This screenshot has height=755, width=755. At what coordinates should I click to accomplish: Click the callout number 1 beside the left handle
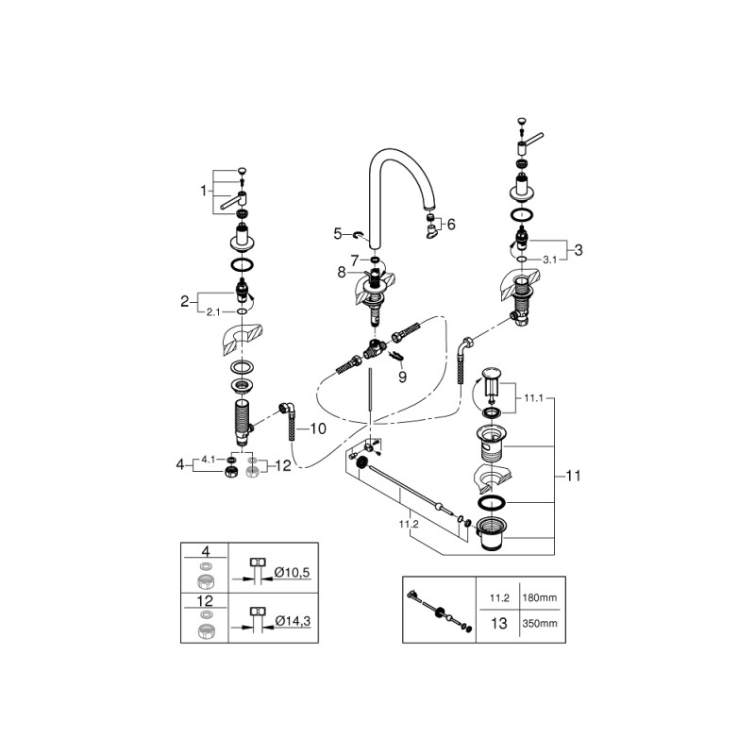pyautogui.click(x=202, y=190)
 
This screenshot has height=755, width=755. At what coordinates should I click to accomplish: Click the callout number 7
pyautogui.click(x=354, y=259)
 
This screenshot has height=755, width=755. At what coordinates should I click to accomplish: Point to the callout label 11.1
pyautogui.click(x=534, y=399)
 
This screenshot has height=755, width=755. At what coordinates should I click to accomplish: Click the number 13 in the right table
pyautogui.click(x=499, y=624)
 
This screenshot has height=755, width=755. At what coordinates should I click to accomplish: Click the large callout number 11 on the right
pyautogui.click(x=572, y=477)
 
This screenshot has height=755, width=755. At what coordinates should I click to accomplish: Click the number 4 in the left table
pyautogui.click(x=205, y=550)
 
